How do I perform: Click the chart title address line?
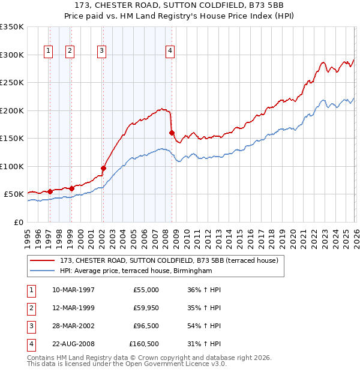[x=181, y=5]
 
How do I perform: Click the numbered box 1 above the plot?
[x=48, y=51]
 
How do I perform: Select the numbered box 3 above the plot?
[x=102, y=51]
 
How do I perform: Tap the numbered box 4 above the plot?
[x=170, y=51]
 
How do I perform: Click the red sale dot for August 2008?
[x=172, y=133]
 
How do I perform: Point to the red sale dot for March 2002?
[x=103, y=169]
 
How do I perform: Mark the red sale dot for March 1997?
[x=50, y=191]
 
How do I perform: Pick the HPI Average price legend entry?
[x=136, y=271]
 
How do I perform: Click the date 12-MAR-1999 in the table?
[x=73, y=308]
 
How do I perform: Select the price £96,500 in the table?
[x=146, y=326]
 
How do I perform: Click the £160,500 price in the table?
[x=144, y=344]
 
